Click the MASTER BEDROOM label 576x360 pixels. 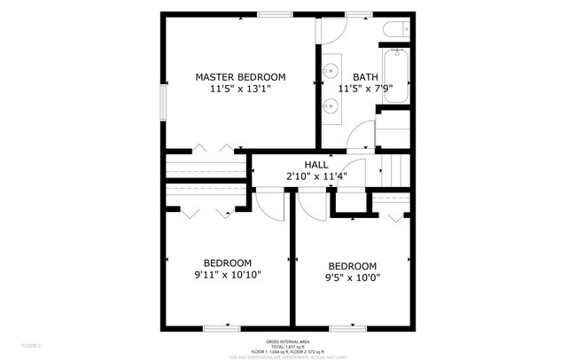click(240, 77)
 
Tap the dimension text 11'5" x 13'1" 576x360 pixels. click(240, 90)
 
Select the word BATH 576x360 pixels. click(364, 77)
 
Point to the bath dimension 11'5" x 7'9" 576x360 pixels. click(364, 90)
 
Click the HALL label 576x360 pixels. click(316, 164)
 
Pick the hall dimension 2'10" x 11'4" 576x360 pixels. click(316, 176)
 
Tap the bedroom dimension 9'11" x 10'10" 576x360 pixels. click(228, 275)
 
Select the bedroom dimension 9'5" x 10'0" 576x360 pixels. click(352, 278)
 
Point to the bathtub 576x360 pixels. click(394, 74)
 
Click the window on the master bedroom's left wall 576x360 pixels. click(163, 99)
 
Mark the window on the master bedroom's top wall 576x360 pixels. click(271, 13)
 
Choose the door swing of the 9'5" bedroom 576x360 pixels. click(311, 206)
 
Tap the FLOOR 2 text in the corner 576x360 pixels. click(31, 345)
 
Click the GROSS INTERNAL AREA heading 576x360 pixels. click(287, 341)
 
